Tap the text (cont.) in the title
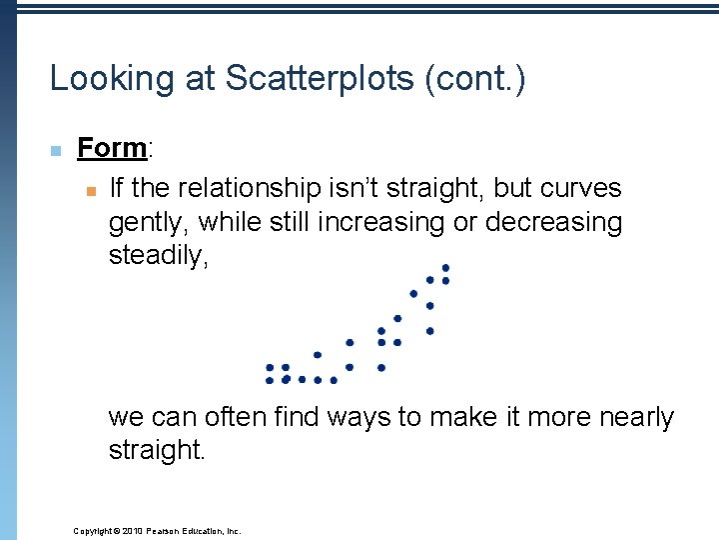(x=474, y=79)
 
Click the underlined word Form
(x=112, y=148)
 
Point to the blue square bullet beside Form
(x=56, y=151)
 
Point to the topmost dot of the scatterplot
(x=445, y=267)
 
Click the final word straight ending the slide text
(x=156, y=451)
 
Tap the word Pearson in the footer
(x=166, y=531)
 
